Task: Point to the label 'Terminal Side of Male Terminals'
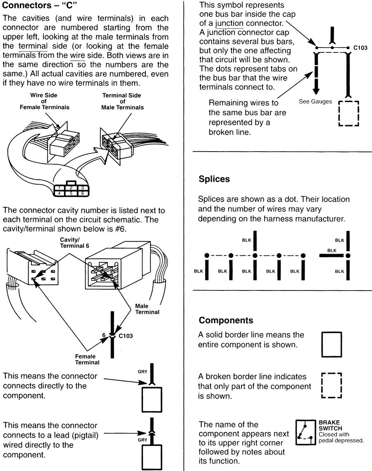click(x=123, y=101)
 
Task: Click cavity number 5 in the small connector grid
click(x=72, y=193)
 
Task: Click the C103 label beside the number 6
click(x=126, y=336)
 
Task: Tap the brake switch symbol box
click(x=305, y=433)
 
